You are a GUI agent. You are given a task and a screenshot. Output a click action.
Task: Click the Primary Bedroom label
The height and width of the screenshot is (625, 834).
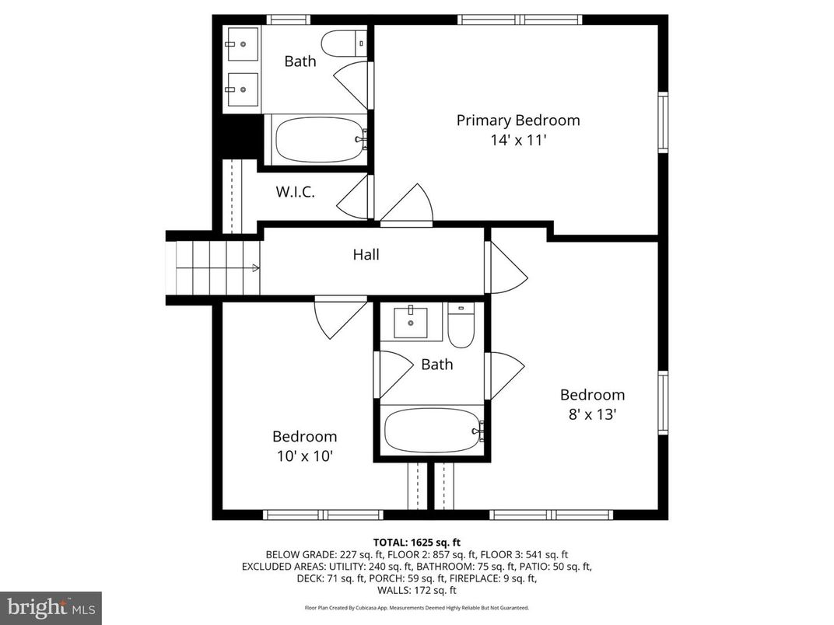[x=517, y=120]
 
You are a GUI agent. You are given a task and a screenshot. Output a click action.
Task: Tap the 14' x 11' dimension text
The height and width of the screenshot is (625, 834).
[x=517, y=141]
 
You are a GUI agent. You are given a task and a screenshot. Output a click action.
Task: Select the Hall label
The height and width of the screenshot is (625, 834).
[x=366, y=254]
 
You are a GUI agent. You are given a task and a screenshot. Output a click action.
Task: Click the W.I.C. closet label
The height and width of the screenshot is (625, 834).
[x=296, y=192]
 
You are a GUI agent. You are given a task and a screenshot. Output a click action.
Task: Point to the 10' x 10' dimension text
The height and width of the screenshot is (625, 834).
[x=304, y=456]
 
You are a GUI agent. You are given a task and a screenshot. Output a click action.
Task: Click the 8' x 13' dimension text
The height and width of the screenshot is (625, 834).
[x=592, y=414]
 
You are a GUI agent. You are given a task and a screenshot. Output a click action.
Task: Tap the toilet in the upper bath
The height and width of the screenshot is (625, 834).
[x=342, y=43]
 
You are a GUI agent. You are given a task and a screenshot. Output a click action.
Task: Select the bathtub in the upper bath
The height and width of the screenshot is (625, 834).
[x=319, y=139]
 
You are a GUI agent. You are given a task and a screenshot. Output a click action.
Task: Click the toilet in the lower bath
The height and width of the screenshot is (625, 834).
[x=461, y=325]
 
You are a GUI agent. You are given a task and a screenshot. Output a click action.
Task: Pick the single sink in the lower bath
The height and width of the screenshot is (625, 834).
[x=410, y=321]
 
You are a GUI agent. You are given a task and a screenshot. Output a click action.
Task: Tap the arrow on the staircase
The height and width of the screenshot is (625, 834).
[x=254, y=269]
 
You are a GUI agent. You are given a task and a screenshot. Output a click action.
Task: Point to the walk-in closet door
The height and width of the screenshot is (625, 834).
[x=354, y=196]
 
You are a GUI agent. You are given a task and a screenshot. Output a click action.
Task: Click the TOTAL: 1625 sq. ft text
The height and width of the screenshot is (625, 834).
[x=416, y=542]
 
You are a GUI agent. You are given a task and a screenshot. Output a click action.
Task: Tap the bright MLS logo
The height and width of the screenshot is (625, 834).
[x=51, y=607]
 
